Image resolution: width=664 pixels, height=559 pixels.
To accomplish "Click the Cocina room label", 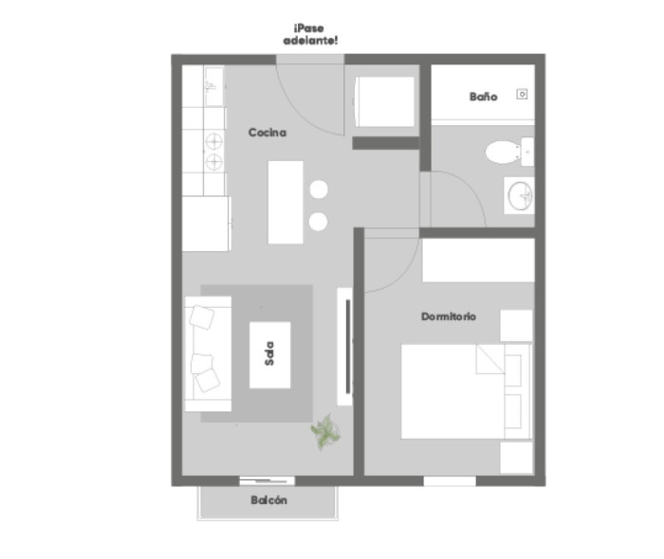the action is [x=267, y=133].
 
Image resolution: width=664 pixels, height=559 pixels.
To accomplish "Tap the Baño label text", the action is [x=483, y=97].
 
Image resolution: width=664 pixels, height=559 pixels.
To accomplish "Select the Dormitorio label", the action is [x=449, y=316].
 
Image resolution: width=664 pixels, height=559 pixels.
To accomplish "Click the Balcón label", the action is [x=268, y=500].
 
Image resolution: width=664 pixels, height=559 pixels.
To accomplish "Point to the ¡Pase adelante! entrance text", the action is [x=310, y=35].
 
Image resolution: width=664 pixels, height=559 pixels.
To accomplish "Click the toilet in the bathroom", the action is [x=509, y=152].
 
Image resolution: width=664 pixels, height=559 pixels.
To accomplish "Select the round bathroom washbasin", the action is [x=520, y=196].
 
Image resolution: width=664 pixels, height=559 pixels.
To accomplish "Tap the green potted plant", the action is [x=325, y=432].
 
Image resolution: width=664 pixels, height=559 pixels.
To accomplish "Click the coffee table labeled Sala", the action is [x=269, y=354].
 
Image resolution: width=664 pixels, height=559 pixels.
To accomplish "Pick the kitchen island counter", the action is [x=286, y=202].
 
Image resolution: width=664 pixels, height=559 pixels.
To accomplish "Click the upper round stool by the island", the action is [x=319, y=189].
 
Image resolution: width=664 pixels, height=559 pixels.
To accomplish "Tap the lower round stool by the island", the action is [x=318, y=222].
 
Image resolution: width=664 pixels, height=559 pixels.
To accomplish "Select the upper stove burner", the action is [x=213, y=141].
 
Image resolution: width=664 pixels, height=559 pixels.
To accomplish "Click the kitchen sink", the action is [x=213, y=86].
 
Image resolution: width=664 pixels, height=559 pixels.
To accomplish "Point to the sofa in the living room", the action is [x=208, y=354].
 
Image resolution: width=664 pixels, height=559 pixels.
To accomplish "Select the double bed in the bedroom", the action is [x=467, y=391].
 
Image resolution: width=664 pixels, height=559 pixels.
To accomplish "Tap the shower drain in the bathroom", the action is [x=522, y=95].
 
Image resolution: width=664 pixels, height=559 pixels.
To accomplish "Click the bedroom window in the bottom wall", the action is [x=450, y=481].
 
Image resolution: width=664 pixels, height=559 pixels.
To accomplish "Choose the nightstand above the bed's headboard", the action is [x=516, y=325].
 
